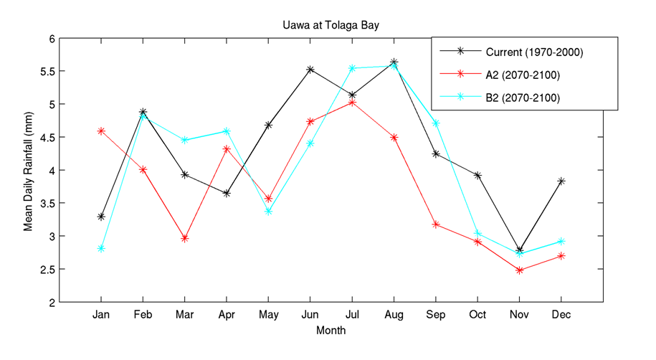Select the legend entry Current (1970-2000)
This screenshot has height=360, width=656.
[x=533, y=52]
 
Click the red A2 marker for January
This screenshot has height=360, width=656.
[x=101, y=131]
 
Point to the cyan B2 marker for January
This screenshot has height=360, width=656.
[x=101, y=249]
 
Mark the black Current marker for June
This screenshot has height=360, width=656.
[x=310, y=70]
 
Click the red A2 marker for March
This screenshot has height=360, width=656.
[x=185, y=238]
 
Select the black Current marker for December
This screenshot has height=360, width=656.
[x=561, y=181]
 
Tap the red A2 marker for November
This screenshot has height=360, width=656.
[x=520, y=270]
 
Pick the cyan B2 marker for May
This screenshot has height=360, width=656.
[x=268, y=212]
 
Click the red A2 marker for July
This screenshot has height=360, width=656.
[x=352, y=103]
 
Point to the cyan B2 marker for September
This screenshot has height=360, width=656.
[x=436, y=123]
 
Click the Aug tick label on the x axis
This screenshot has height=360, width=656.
[x=394, y=316]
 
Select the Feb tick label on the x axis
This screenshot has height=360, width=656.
[x=143, y=316]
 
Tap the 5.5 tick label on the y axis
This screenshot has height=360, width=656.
[x=47, y=71]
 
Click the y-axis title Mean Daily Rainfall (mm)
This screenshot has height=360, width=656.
[x=29, y=170]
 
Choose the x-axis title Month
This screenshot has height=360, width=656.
[x=331, y=331]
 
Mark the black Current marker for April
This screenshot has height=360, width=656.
[x=227, y=194]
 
